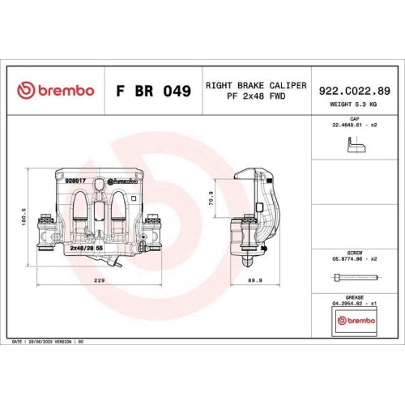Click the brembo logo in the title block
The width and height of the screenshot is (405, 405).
56,91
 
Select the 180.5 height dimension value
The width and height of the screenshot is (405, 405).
25,219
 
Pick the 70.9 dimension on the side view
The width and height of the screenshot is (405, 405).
211,198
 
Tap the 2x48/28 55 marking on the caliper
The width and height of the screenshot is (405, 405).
87,249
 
